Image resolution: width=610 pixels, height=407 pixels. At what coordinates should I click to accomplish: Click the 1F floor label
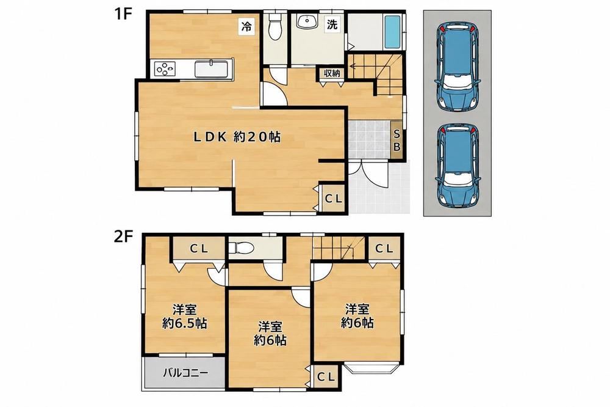click(x=123, y=15)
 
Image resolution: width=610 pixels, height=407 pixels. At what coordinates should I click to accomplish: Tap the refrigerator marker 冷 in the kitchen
click(x=246, y=26)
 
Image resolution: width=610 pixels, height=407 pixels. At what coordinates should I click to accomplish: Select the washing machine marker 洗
click(x=332, y=25)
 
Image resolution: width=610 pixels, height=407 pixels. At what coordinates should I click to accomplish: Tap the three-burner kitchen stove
click(x=165, y=68)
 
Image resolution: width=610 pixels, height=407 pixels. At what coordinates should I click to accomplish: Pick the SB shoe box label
click(x=397, y=141)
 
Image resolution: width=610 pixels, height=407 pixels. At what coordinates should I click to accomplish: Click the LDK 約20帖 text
click(x=237, y=137)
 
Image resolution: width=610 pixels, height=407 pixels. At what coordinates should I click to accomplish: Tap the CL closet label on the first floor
click(x=334, y=199)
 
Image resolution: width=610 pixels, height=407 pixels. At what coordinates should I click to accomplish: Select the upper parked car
click(x=457, y=67)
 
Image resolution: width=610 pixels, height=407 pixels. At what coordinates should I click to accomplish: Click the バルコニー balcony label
click(x=185, y=373)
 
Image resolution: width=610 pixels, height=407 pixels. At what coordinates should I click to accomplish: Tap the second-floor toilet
click(x=241, y=248)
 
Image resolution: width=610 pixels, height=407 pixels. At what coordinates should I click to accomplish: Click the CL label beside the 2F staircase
click(x=385, y=248)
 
